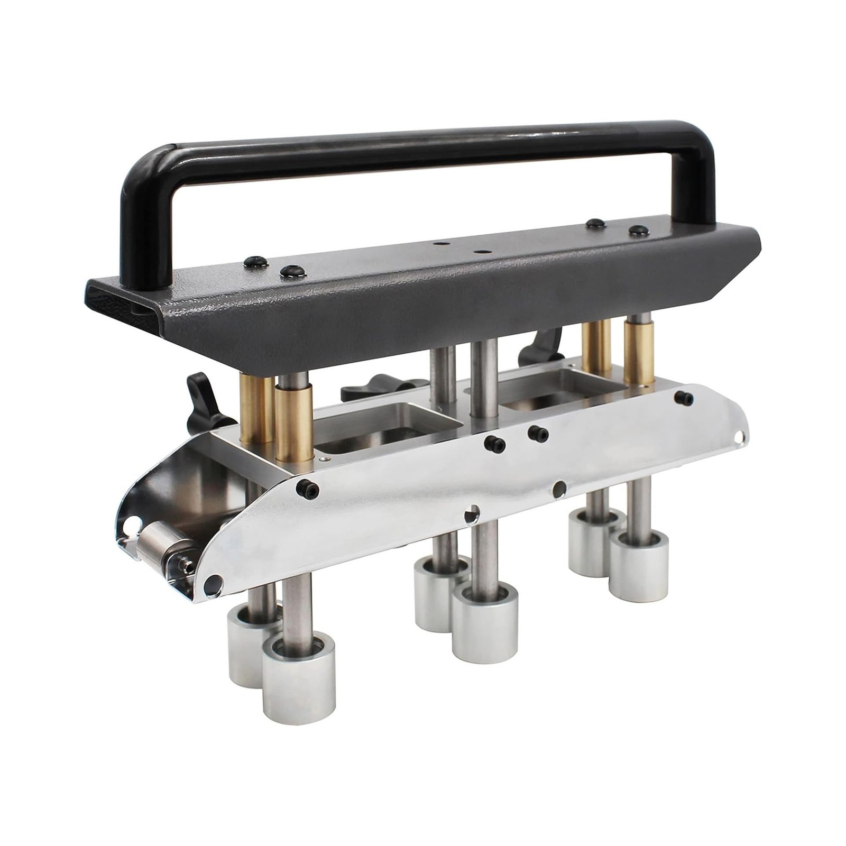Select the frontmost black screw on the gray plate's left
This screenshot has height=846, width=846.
coord(294,272)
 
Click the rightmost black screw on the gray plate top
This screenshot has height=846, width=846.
coord(638,231)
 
